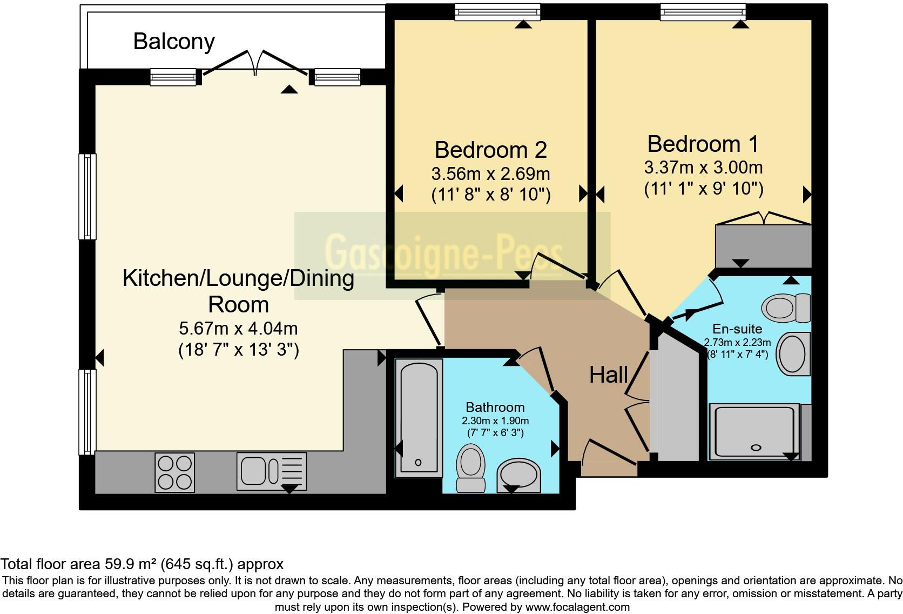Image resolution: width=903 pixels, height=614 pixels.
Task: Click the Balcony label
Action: point(174,42)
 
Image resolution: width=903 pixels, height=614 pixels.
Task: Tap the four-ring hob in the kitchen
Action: point(174,472)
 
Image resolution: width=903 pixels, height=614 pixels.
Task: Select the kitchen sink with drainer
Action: point(271,472)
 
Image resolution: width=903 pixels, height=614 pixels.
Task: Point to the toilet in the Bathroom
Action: point(470,468)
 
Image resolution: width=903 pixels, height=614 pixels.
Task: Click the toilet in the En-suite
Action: point(786,308)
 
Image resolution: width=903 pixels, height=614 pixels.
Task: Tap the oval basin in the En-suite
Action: point(793,355)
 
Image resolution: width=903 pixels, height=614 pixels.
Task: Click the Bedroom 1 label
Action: point(703,144)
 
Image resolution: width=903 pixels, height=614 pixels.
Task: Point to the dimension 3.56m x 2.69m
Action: point(490,174)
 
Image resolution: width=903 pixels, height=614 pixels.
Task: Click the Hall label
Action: point(608,375)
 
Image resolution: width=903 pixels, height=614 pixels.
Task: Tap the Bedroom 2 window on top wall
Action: point(497,12)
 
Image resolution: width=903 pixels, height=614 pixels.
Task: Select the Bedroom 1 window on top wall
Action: point(703,12)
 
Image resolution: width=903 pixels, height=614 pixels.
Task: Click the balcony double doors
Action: point(255,63)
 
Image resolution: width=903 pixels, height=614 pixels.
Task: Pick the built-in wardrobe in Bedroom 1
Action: point(763,246)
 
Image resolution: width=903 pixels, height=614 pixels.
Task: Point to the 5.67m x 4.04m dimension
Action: point(238,328)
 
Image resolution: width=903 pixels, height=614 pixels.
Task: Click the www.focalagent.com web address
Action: point(577,607)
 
